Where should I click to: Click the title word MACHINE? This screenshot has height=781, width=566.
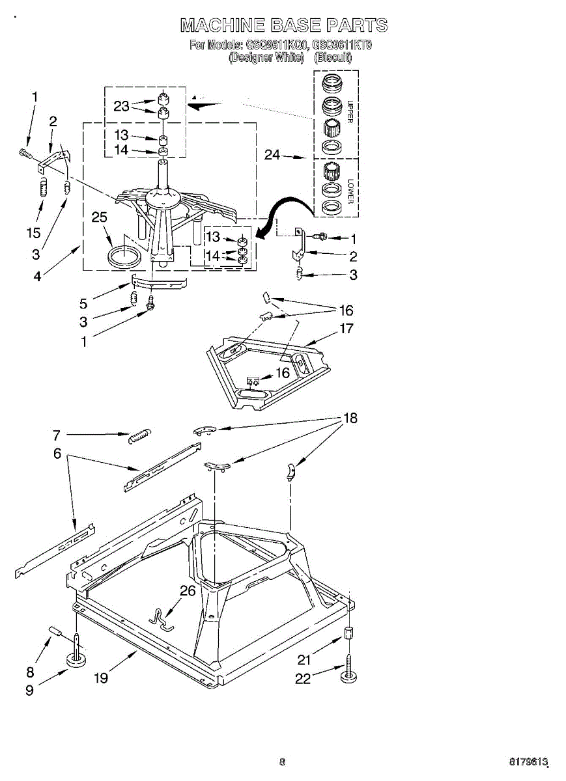[221, 25]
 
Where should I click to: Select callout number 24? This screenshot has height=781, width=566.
[272, 155]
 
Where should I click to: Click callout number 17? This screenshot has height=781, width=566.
[347, 329]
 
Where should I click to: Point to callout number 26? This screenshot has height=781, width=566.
[187, 591]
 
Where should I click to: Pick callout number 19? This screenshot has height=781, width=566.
[100, 678]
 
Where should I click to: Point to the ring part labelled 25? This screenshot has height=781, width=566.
[123, 256]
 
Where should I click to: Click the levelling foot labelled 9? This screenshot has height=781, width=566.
[77, 659]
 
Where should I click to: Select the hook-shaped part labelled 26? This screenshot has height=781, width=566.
[161, 620]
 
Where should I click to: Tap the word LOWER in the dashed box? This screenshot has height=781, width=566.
[350, 191]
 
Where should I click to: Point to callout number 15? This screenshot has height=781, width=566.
[34, 232]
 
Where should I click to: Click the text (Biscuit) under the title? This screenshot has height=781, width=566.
[333, 57]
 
